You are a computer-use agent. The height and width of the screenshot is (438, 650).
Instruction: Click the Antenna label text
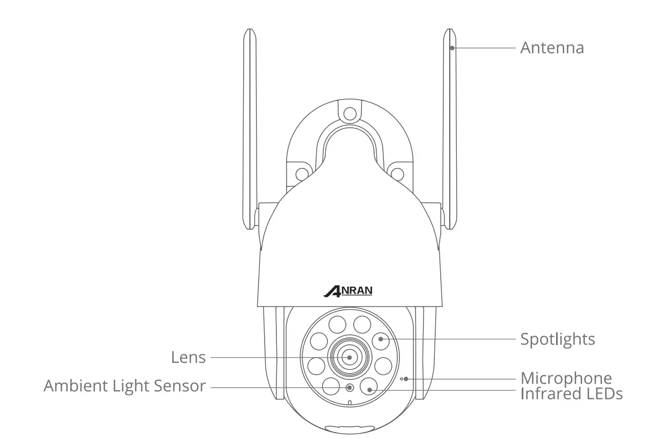(x=551, y=48)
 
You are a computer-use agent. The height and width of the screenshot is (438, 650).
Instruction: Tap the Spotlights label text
(x=557, y=339)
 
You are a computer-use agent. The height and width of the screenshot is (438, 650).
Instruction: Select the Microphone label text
(x=566, y=378)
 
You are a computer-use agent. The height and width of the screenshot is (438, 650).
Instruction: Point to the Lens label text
(x=188, y=357)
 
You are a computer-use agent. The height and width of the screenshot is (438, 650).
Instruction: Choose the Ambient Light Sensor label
(x=124, y=385)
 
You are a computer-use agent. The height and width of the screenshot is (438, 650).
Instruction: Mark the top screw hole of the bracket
(x=349, y=113)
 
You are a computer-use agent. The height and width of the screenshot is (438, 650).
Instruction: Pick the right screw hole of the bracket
(x=397, y=173)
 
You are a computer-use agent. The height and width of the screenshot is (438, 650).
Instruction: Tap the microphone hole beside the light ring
(x=401, y=379)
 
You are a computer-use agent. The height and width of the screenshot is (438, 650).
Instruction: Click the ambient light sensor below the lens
(x=349, y=388)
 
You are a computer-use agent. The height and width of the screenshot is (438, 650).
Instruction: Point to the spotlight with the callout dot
(x=380, y=339)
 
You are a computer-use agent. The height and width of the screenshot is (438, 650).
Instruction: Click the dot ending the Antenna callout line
(x=452, y=48)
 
